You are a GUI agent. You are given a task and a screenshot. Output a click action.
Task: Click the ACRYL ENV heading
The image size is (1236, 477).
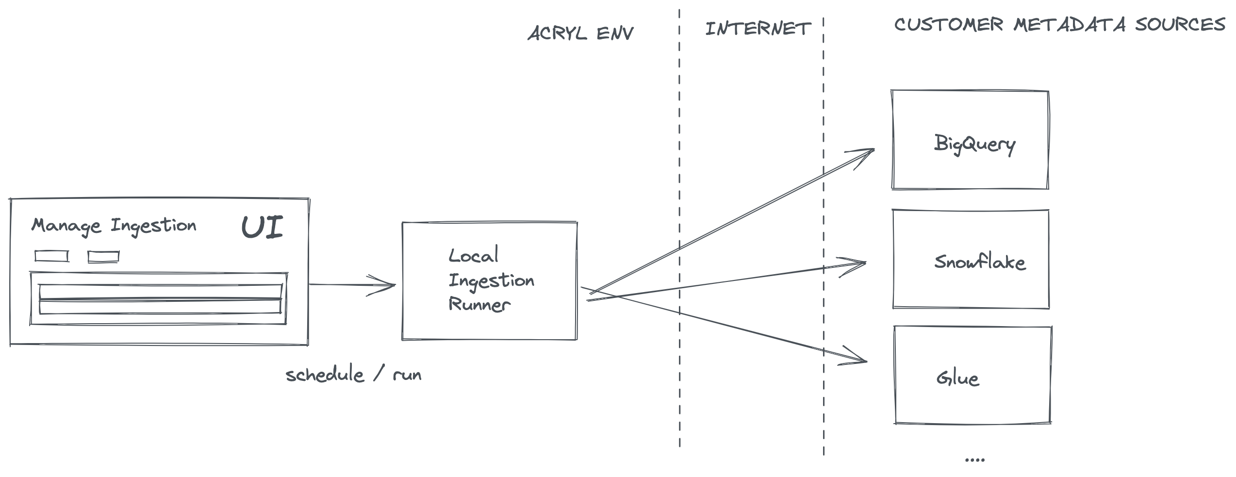coord(580,33)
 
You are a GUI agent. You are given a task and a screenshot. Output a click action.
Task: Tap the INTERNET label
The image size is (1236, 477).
coord(758,29)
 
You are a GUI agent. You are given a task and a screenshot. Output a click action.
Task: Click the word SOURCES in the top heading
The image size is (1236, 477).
coord(1180,24)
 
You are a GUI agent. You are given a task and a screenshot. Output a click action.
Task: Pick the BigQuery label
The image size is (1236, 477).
coord(974,144)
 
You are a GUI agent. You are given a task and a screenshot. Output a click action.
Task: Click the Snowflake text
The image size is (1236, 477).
coord(980,262)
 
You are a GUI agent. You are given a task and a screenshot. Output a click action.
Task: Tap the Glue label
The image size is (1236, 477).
coord(957,378)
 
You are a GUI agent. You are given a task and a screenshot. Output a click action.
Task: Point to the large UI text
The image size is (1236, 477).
coord(262,227)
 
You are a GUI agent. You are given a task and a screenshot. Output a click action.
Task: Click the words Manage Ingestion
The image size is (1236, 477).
coord(114,226)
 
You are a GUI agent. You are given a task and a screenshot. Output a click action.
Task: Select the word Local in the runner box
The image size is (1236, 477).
coord(473,255)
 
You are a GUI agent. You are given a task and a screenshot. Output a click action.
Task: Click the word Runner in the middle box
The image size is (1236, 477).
coord(479,304)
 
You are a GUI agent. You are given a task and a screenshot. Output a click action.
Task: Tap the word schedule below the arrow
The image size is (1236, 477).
coord(325,375)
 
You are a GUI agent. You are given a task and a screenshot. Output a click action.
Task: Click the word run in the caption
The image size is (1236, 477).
coord(407,375)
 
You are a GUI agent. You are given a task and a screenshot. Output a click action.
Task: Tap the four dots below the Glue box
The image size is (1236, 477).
coord(974,460)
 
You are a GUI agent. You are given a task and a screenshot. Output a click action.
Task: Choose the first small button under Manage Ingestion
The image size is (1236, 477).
coord(51,256)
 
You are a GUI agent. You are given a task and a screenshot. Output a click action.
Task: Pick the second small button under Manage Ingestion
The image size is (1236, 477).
coord(103,257)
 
